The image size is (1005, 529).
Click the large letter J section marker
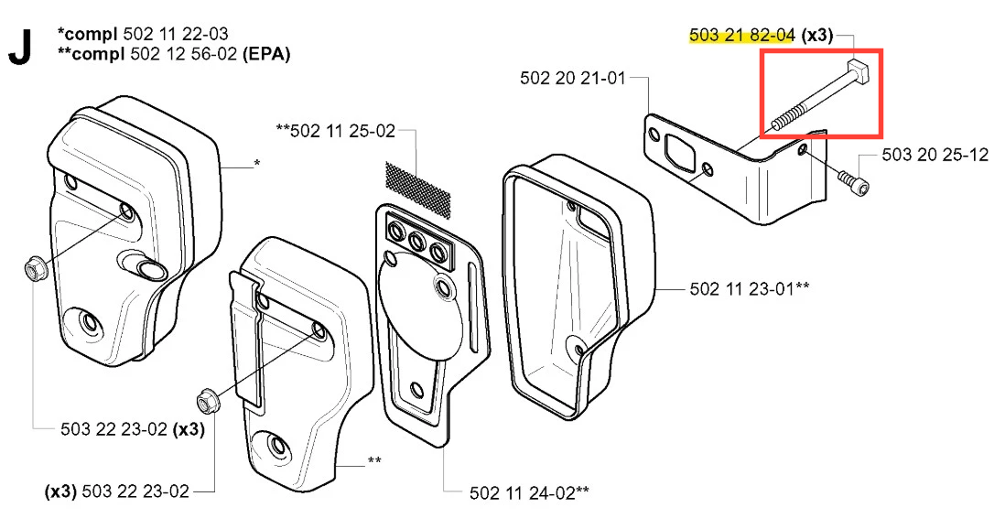(x=20, y=47)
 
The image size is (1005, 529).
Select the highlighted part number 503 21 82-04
(x=742, y=36)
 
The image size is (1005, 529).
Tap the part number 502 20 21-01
(x=572, y=78)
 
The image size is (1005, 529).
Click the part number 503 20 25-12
(x=935, y=155)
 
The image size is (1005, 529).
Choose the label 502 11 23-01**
(x=750, y=288)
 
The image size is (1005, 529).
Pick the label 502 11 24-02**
(x=529, y=492)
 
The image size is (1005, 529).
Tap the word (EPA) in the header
(x=266, y=54)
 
